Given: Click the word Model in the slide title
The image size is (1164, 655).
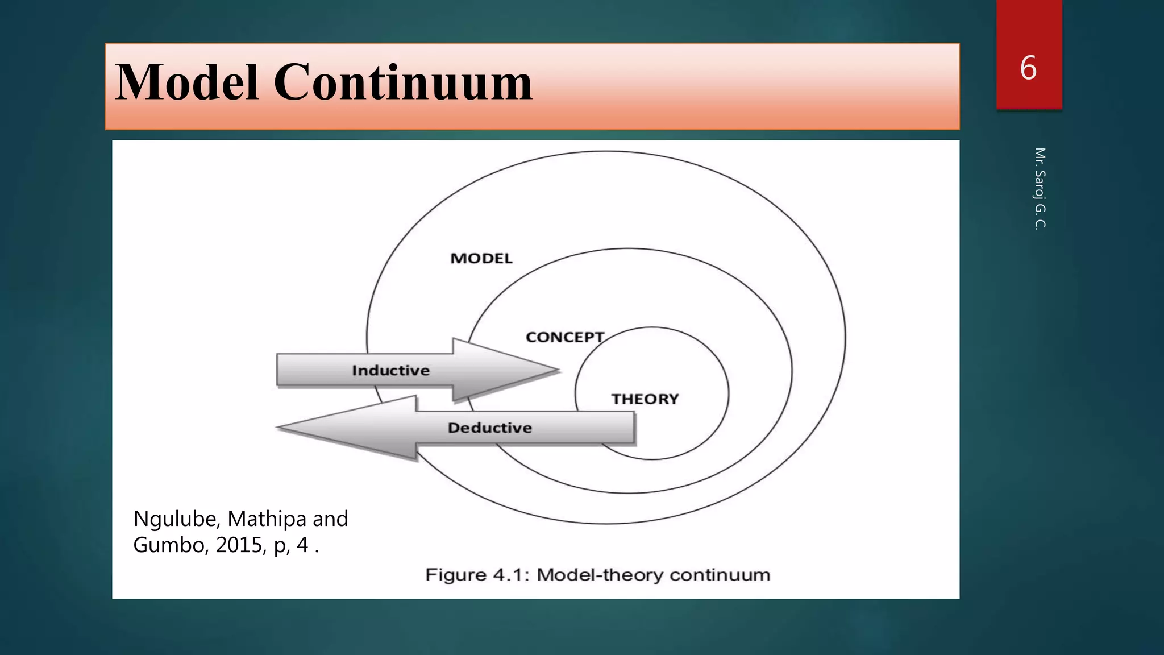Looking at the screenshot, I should click(x=188, y=83).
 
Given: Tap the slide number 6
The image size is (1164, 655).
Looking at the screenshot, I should click(x=1028, y=68).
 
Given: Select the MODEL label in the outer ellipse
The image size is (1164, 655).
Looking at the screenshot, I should click(x=481, y=259).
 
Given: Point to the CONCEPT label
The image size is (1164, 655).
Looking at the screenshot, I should click(x=564, y=337).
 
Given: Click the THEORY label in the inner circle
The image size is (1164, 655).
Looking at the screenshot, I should click(x=645, y=399).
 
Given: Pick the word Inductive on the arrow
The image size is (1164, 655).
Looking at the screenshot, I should click(x=390, y=371).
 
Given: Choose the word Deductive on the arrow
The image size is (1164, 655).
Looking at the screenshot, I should click(x=489, y=428).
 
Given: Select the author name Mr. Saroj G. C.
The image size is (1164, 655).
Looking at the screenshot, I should click(x=1040, y=188).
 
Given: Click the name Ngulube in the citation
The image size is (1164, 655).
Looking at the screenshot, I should click(x=177, y=519).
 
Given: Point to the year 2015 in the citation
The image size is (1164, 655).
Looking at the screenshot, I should click(x=239, y=545).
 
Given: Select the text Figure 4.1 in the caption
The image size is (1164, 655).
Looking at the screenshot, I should click(x=477, y=575).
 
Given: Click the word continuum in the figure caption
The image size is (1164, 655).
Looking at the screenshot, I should click(x=720, y=575).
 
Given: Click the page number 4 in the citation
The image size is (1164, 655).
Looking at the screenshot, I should click(x=302, y=545).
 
